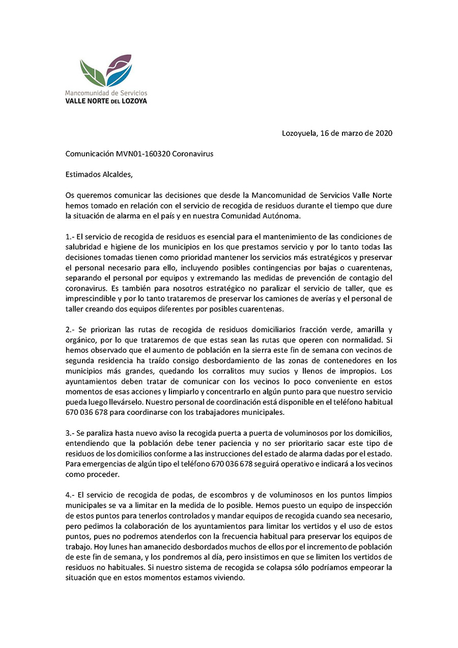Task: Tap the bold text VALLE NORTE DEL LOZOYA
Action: [106, 101]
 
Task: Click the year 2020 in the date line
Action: [384, 133]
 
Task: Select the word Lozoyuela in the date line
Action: [298, 133]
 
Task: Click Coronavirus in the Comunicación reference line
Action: [193, 154]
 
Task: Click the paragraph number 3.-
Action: [71, 433]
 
